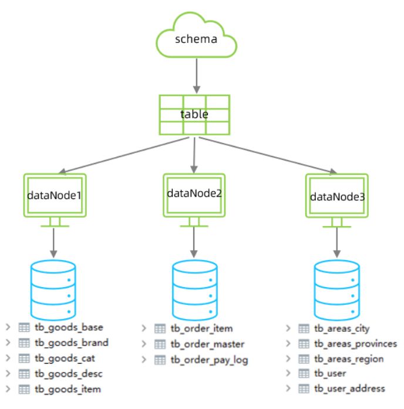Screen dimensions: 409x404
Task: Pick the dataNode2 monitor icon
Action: coord(194,194)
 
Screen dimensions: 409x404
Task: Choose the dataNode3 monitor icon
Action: coord(336,197)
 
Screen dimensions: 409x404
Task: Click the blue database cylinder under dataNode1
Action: coord(53,288)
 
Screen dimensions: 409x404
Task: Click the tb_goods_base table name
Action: coord(69,327)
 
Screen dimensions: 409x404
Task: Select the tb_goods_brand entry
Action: coord(71,343)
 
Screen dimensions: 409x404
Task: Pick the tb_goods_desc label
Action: coord(69,373)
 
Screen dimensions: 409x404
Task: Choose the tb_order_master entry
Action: coord(208,344)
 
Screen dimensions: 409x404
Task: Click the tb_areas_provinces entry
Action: coord(356,343)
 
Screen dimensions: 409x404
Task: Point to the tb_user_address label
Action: coord(349,388)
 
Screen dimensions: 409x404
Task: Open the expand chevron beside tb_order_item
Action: coord(144,328)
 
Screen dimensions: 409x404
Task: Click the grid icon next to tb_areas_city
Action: coord(304,328)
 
